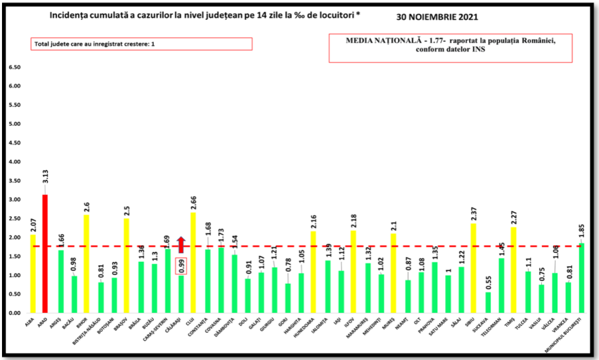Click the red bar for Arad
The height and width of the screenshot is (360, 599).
pyautogui.click(x=46, y=253)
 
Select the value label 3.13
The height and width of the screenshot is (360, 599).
pyautogui.click(x=46, y=182)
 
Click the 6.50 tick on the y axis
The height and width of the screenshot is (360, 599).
pyautogui.click(x=14, y=67)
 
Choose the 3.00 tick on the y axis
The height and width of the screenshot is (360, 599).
pyautogui.click(x=14, y=199)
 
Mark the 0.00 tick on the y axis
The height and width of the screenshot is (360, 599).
pyautogui.click(x=14, y=313)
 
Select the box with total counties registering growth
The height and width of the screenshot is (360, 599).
pyautogui.click(x=141, y=44)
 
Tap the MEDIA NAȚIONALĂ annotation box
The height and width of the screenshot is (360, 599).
pyautogui.click(x=451, y=48)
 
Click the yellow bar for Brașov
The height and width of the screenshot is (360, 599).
pyautogui.click(x=127, y=265)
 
